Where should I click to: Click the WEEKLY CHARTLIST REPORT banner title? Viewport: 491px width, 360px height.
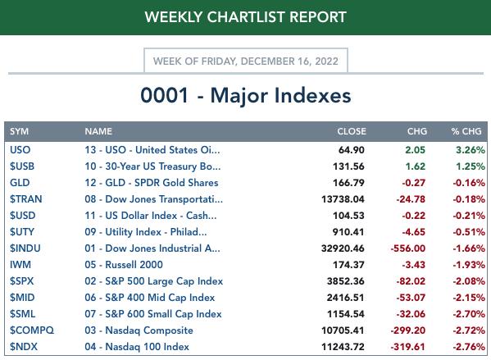[246, 17]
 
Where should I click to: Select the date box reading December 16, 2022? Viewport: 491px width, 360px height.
[246, 61]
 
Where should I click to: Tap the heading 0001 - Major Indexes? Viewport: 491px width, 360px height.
[246, 95]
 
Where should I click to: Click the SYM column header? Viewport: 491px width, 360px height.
[19, 131]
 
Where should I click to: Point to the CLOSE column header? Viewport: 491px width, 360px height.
[352, 131]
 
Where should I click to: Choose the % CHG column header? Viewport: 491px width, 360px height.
[466, 131]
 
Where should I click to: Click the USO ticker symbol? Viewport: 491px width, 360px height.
[20, 150]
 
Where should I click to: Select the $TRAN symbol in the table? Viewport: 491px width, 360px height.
[25, 199]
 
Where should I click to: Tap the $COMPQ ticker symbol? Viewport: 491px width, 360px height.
[32, 330]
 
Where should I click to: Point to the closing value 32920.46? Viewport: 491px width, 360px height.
[343, 248]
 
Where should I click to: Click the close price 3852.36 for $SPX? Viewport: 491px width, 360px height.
[346, 281]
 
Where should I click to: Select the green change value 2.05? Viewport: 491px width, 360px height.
[416, 150]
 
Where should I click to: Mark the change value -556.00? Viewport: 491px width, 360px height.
[408, 248]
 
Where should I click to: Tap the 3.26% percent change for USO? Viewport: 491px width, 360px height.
[471, 150]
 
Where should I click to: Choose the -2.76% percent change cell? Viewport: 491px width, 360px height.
[469, 347]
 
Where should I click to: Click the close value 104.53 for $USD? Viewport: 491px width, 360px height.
[348, 216]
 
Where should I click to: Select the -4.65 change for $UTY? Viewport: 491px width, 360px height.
[414, 232]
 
